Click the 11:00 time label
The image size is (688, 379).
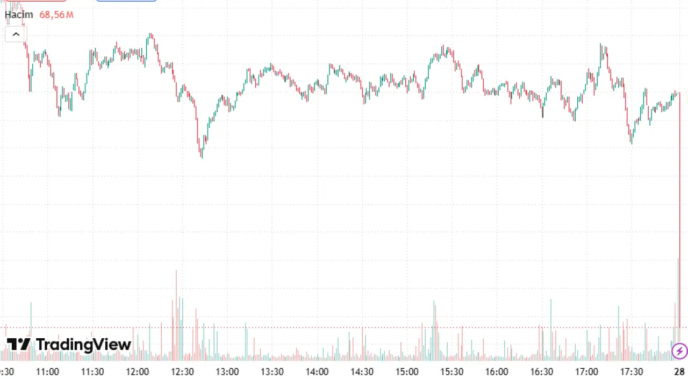coord(47,371)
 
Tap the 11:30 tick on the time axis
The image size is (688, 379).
coord(92,371)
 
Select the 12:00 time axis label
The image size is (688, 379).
coord(137,371)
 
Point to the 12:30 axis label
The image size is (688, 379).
coord(182,371)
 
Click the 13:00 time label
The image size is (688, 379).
coord(227,371)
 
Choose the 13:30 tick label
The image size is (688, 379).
coord(272,371)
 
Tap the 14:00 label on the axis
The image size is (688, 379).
coord(317,371)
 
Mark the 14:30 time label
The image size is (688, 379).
coord(362,371)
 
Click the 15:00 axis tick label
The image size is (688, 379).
coord(407,371)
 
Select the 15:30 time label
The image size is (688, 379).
coord(452,371)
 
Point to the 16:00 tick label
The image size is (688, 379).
coord(497,371)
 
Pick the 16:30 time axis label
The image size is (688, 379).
coord(542,371)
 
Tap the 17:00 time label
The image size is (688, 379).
coord(586,371)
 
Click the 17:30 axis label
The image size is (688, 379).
coord(632,371)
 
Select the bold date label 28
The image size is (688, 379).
coord(679,371)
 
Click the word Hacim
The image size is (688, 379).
coord(19,14)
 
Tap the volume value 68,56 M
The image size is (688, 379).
coord(56,14)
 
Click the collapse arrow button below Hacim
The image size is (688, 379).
coord(16,34)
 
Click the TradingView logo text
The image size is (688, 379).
coord(83,344)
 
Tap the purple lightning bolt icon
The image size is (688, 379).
coord(679,351)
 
